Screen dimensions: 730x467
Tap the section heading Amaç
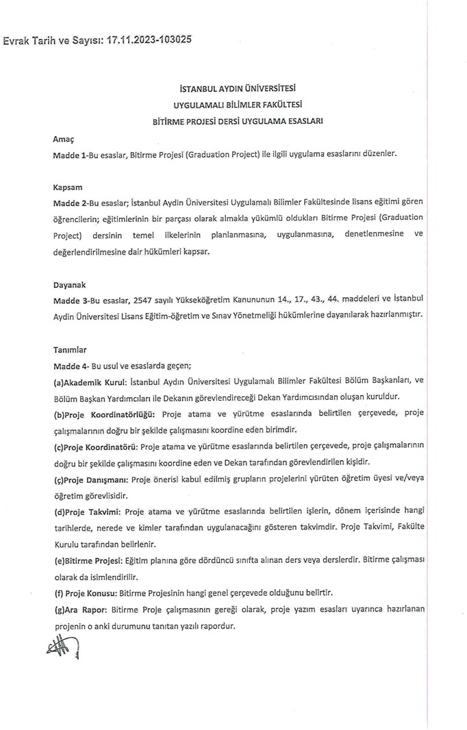pyautogui.click(x=63, y=139)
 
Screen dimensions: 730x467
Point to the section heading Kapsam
pyautogui.click(x=67, y=186)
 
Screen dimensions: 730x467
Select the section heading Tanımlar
pyautogui.click(x=70, y=349)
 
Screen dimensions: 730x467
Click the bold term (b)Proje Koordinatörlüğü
pyautogui.click(x=105, y=414)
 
